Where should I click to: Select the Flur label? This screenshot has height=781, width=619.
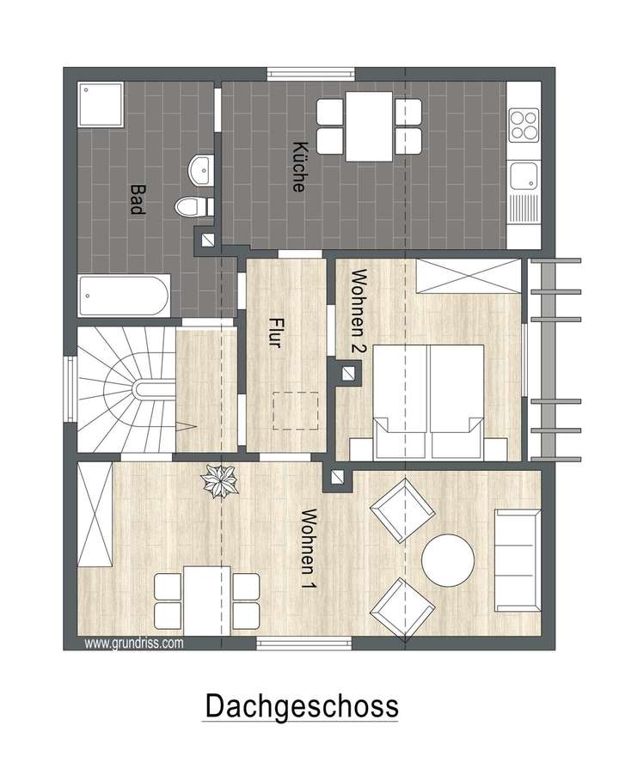275,333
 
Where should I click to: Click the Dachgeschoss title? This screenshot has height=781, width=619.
301,705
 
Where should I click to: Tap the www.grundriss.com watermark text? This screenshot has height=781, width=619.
133,641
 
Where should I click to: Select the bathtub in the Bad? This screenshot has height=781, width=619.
124,296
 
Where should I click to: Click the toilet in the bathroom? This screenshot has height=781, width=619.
193,206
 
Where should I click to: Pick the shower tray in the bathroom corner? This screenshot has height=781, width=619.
101,104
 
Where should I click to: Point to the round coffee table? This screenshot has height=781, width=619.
448,560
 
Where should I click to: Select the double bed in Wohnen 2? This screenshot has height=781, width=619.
427,400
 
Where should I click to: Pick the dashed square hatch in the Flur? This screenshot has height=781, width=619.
297,411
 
